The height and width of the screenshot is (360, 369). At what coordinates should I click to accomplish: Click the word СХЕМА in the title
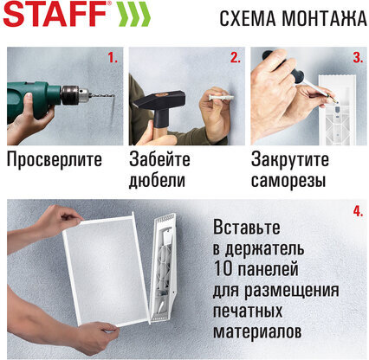(x=247, y=18)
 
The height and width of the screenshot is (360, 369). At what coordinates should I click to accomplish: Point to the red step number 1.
(x=112, y=59)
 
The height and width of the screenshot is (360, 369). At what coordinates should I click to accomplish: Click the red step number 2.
(x=235, y=59)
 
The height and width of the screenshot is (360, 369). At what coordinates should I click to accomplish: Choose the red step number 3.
(x=357, y=59)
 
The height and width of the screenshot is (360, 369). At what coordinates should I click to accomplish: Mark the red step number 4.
(x=357, y=211)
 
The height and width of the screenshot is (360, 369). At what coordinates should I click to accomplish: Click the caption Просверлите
(x=54, y=160)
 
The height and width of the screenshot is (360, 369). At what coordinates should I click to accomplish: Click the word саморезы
(x=288, y=180)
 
